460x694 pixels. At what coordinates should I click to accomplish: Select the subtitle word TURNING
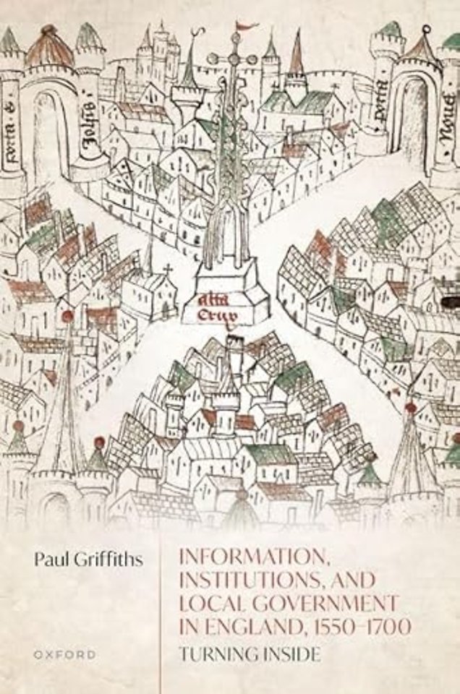coord(213,655)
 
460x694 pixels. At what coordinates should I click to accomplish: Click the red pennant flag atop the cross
coord(247,27)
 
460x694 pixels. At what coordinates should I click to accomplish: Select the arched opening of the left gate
coord(48,134)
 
